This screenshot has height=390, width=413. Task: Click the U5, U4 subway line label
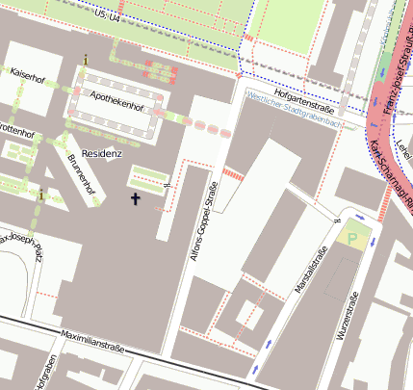click(x=108, y=17)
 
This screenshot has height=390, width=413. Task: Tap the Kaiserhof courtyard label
click(x=28, y=72)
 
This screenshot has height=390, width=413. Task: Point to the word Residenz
click(x=102, y=153)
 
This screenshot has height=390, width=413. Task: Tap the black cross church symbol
click(x=135, y=199)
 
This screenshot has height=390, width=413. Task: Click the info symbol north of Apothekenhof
click(x=86, y=60)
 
